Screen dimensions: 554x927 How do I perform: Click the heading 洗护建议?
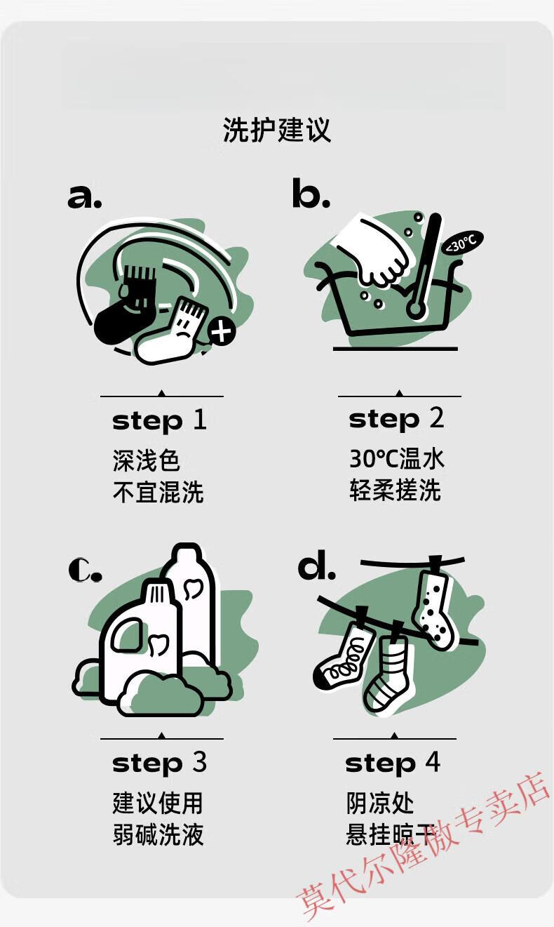[277, 130]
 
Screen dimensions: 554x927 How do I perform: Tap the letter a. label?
[85, 196]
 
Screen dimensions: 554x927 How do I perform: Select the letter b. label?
[311, 192]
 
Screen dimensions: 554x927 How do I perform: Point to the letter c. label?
[85, 571]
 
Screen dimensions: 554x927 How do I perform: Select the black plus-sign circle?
[222, 331]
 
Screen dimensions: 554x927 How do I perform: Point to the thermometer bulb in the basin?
[415, 309]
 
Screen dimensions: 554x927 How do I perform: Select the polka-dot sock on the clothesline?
[434, 605]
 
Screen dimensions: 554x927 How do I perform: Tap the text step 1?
[159, 421]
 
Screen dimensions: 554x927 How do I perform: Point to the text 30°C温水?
[396, 459]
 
